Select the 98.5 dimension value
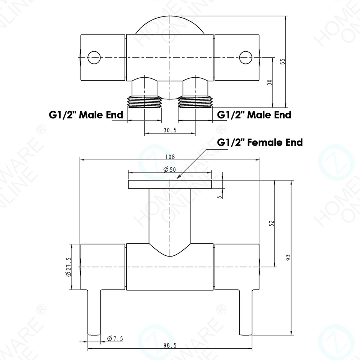tap(170, 346)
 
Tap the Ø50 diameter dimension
tap(169, 169)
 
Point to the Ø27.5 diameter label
tap(68, 267)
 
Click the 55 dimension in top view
tap(283, 61)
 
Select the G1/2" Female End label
tap(260, 142)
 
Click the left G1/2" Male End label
tap(86, 115)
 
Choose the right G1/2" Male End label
tap(254, 115)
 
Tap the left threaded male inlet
tap(144, 102)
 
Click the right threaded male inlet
tap(195, 102)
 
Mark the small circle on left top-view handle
tap(94, 57)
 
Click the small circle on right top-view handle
tap(245, 57)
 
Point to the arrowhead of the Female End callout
tap(178, 177)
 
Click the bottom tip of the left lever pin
tap(94, 334)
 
